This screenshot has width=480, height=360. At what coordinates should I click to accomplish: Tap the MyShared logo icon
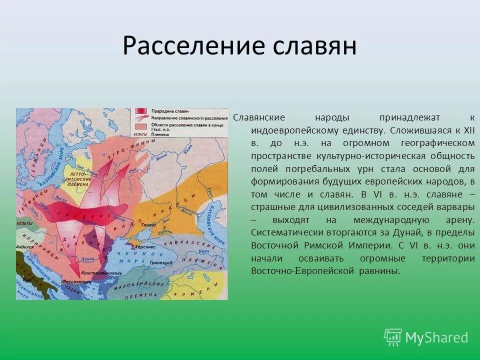click(392, 337)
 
